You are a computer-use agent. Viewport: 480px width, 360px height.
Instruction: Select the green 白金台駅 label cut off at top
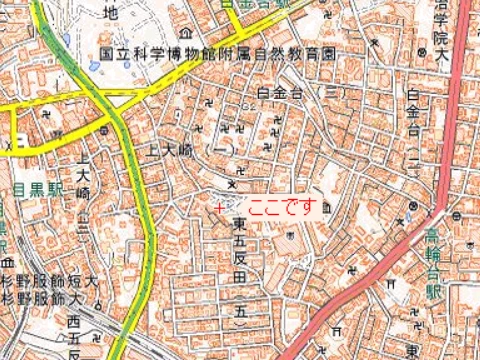[x=255, y=5]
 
